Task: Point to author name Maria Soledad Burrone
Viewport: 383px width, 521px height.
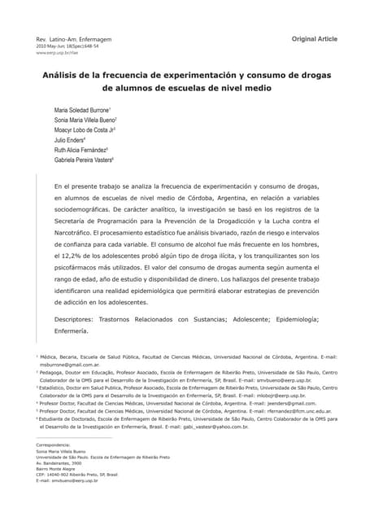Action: coord(82,110)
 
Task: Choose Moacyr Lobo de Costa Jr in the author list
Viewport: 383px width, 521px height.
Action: coord(84,129)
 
